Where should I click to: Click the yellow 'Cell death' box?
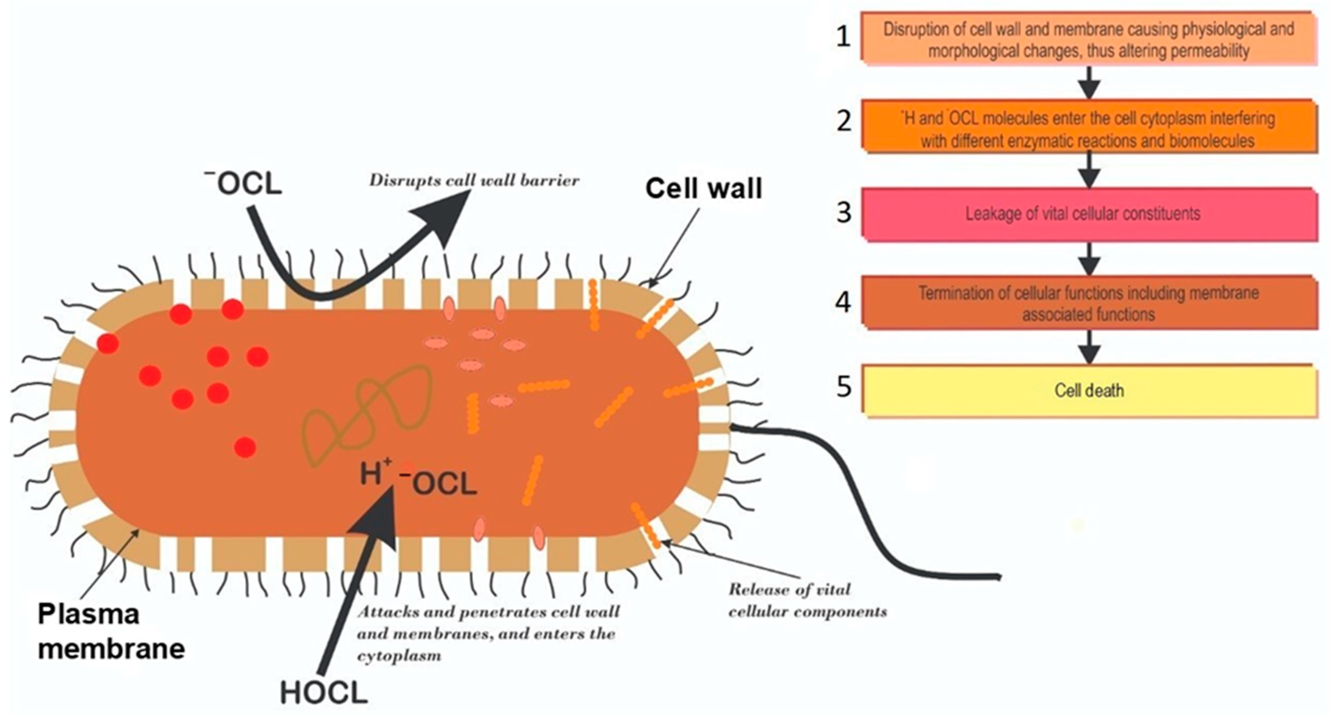click(1089, 390)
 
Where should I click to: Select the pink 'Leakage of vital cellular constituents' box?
click(1089, 214)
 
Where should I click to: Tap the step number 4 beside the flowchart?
click(843, 301)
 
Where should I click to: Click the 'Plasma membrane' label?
click(111, 631)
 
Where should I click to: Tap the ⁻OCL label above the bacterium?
click(244, 184)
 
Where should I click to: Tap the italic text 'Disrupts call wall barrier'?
click(474, 181)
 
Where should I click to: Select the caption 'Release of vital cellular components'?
click(807, 600)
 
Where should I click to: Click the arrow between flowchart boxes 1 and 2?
click(1089, 83)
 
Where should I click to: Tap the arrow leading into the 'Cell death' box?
click(1089, 347)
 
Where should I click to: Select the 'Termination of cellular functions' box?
click(1089, 303)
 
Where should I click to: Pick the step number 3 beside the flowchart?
click(843, 213)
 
